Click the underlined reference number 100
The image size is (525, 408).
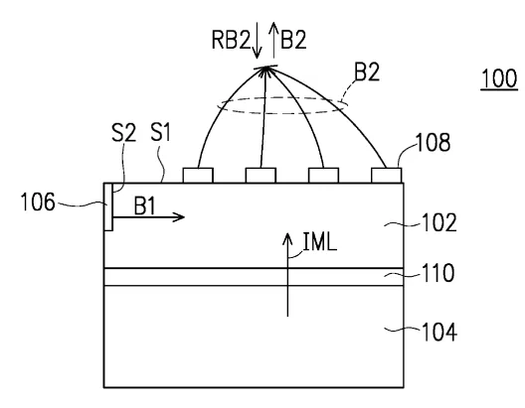[x=499, y=78]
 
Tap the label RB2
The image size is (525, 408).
[x=231, y=40]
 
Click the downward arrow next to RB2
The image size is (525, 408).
[x=257, y=41]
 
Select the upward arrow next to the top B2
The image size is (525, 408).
[x=274, y=41]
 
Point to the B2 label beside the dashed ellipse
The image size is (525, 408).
[x=367, y=71]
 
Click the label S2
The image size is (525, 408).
[x=123, y=132]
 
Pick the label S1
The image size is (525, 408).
[x=161, y=132]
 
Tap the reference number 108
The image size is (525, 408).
[x=433, y=142]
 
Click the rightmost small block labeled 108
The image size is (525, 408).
[x=386, y=176]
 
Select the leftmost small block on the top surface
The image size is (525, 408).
[x=198, y=176]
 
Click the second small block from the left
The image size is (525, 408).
[x=261, y=176]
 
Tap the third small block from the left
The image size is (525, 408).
[x=323, y=176]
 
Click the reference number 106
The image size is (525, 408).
[x=38, y=202]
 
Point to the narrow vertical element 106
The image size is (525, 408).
[x=108, y=206]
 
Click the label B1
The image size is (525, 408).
[x=144, y=205]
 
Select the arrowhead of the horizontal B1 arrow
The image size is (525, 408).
[x=180, y=217]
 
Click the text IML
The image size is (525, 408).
[x=320, y=241]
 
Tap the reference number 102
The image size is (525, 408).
[x=439, y=222]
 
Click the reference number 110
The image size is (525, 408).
[x=438, y=273]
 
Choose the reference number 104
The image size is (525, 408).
[x=439, y=332]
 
